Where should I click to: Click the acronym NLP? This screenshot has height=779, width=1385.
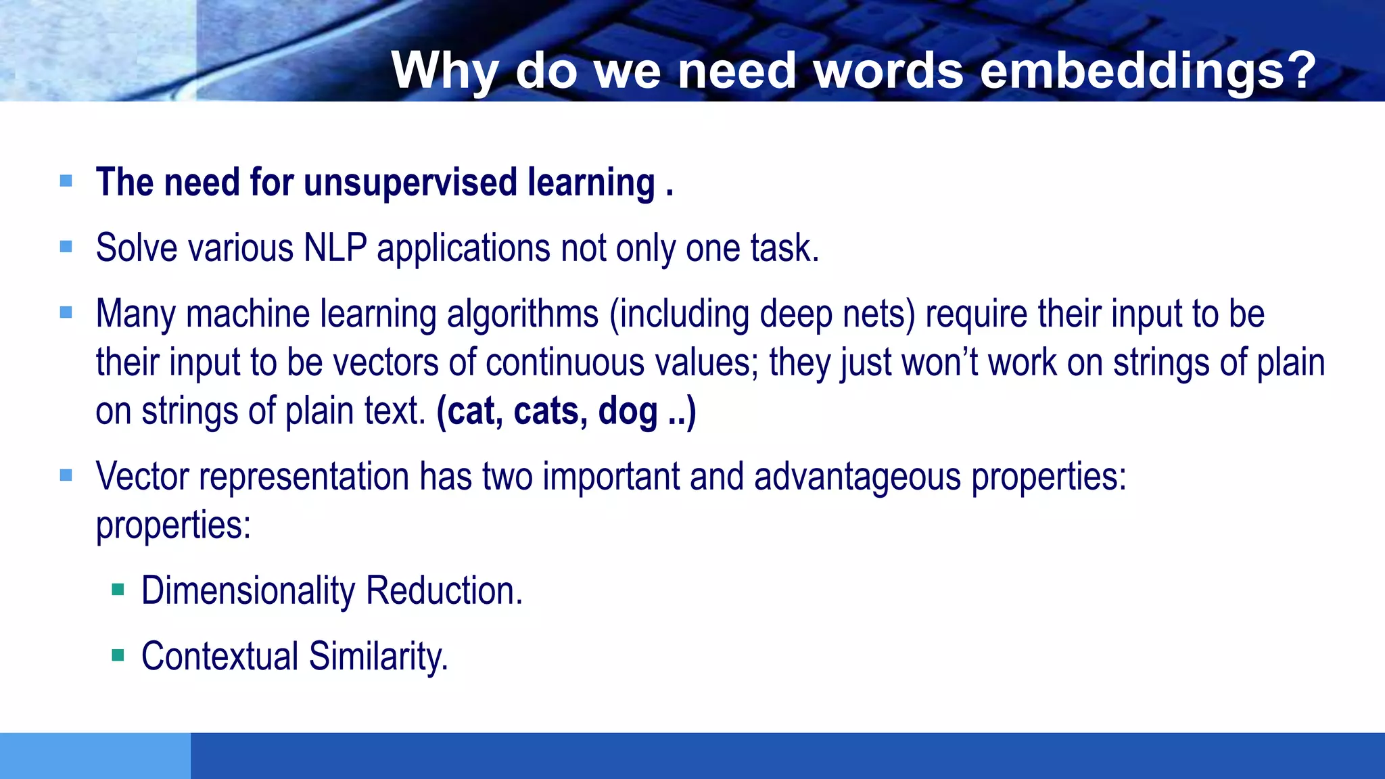(x=335, y=247)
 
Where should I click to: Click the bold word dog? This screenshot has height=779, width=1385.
(x=627, y=411)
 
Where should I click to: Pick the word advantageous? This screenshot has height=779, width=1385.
(x=857, y=476)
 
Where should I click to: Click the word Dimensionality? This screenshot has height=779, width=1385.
(x=248, y=590)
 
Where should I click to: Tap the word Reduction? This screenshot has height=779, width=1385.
(x=444, y=590)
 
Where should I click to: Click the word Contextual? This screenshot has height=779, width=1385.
(x=220, y=656)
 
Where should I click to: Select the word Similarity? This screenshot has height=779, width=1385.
(x=378, y=656)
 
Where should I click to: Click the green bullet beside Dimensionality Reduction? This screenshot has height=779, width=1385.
(x=118, y=590)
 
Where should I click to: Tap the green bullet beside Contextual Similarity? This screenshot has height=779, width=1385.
(x=118, y=655)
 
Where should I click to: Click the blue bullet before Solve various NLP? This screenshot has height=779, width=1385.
(x=66, y=247)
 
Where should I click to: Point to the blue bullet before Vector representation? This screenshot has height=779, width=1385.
(x=66, y=475)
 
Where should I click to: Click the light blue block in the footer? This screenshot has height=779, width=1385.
(x=95, y=755)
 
